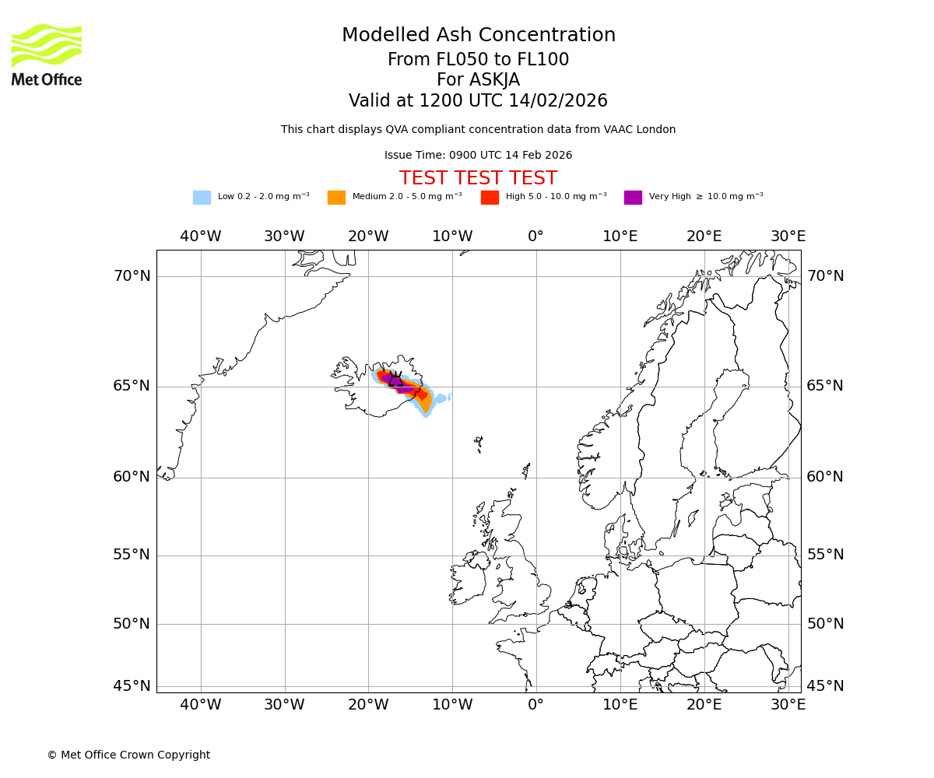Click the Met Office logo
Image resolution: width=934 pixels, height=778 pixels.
(47, 54)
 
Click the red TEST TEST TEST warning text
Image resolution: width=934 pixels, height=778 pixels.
(478, 178)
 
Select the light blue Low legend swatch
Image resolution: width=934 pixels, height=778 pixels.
(202, 198)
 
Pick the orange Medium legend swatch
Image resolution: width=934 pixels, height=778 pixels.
(336, 198)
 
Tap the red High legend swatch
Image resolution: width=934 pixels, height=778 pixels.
(490, 198)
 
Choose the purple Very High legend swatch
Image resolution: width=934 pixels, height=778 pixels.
(633, 198)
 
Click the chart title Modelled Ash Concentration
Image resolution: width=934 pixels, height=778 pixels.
(478, 36)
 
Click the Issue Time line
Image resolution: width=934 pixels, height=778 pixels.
(478, 156)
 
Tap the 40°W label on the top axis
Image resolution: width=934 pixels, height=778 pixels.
(200, 237)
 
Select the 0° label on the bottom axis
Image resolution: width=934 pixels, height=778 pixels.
(535, 705)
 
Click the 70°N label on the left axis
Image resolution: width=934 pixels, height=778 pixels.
(132, 276)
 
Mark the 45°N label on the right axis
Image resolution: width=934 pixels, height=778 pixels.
(825, 686)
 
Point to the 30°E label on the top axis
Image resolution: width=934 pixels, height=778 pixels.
(788, 237)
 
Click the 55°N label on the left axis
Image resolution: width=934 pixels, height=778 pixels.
(132, 555)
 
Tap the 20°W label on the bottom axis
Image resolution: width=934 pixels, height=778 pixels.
(368, 705)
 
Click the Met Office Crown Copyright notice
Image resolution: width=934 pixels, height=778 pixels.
(128, 755)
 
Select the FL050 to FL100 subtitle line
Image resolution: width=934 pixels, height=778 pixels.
(478, 60)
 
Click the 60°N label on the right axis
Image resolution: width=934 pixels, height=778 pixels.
(825, 477)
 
